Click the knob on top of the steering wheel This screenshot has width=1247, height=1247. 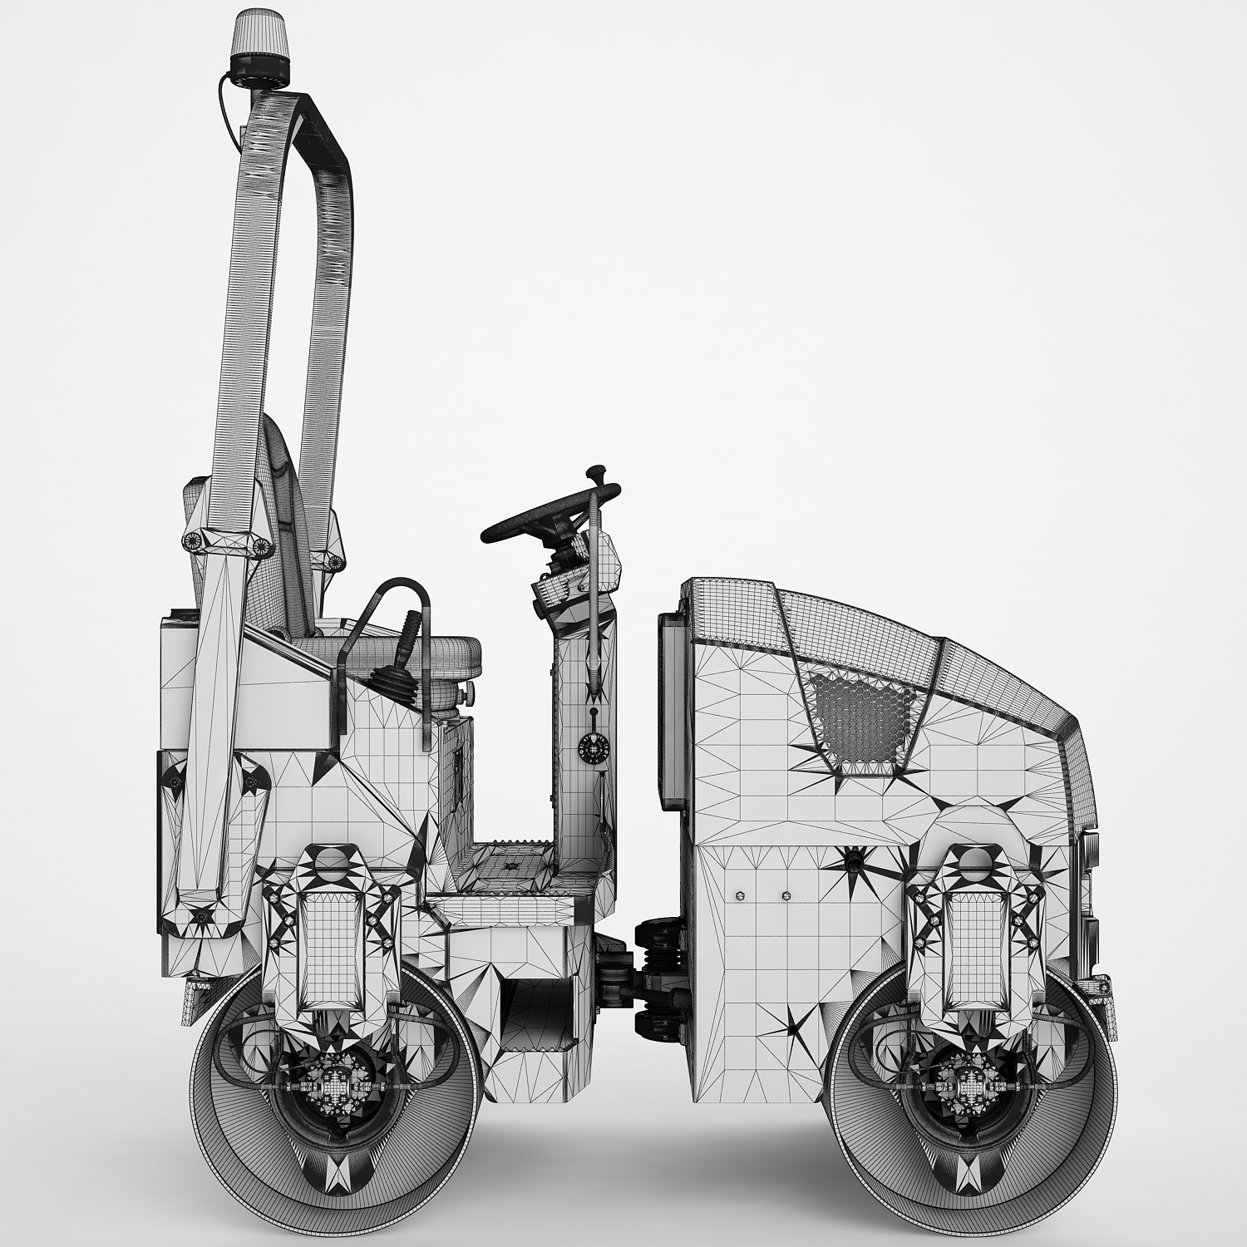pos(594,475)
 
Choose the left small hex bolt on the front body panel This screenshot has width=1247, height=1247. pos(741,896)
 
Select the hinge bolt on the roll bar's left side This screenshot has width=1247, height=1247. pos(192,540)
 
